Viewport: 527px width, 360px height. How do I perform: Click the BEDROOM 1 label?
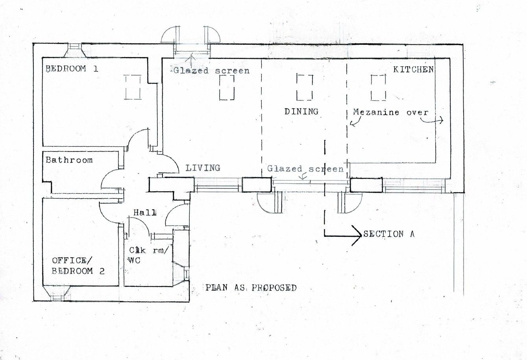point(72,69)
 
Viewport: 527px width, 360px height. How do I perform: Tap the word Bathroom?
point(69,160)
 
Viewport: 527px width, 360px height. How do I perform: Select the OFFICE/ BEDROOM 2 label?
point(78,266)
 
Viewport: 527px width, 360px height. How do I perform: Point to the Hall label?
point(144,212)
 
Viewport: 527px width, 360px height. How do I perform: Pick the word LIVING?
point(202,168)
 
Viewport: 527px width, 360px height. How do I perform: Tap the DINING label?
point(301,111)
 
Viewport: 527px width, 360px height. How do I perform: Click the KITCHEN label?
point(413,70)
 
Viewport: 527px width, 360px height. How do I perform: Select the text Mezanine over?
point(390,112)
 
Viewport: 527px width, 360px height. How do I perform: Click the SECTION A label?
point(389,234)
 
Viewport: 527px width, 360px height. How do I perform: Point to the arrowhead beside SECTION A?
point(355,235)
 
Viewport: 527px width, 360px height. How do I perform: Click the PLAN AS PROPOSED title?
point(251,288)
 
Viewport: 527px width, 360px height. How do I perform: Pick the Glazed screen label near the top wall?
point(211,71)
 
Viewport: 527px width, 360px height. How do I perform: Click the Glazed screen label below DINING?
point(305,169)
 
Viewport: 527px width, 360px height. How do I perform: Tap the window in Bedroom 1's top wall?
point(74,49)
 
